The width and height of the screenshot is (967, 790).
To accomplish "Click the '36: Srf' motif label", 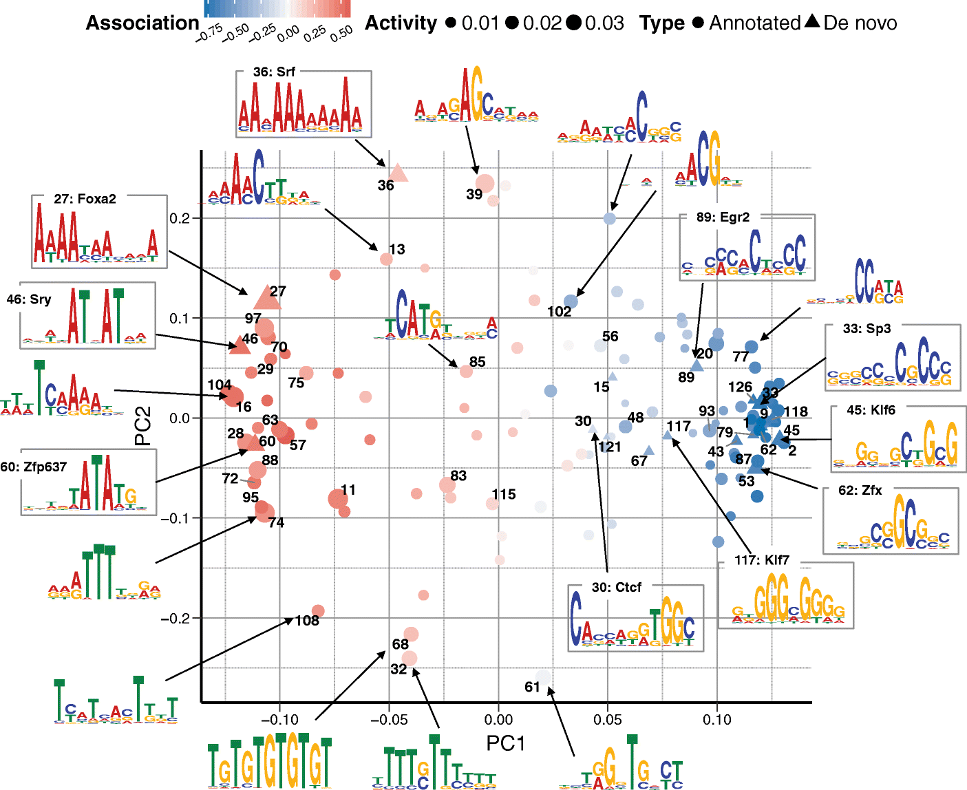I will [x=274, y=72].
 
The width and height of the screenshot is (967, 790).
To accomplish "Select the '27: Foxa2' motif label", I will [x=85, y=199].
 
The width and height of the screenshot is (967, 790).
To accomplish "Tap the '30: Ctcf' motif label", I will [x=616, y=587].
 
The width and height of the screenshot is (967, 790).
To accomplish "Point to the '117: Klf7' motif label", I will [x=761, y=560].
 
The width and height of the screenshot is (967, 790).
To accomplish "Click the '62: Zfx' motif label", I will [x=860, y=490].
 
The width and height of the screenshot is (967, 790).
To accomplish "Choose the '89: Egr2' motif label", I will [x=723, y=217].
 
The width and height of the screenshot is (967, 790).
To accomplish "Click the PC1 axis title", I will [x=505, y=743].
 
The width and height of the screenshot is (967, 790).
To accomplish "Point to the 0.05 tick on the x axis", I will [x=607, y=720].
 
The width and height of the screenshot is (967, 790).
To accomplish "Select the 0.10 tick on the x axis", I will [x=716, y=720].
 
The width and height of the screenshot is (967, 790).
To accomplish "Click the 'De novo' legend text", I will [x=860, y=23].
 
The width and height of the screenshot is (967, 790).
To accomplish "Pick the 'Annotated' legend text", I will [x=755, y=23].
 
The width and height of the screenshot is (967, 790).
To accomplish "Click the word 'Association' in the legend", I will [x=142, y=23].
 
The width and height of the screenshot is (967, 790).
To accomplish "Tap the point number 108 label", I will [x=307, y=621].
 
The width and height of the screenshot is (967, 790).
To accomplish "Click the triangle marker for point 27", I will [x=268, y=299].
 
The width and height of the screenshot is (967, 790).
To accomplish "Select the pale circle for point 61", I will [x=544, y=678].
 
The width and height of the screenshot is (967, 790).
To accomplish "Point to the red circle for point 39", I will [x=485, y=184].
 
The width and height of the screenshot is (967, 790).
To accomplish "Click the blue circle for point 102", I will [x=571, y=301].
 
